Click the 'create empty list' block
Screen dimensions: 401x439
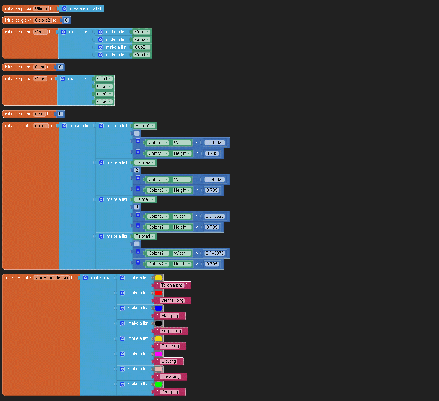tap(85, 8)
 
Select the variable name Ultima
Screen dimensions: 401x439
tap(41, 8)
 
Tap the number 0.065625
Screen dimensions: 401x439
tap(215, 143)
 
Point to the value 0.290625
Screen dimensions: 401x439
tap(215, 179)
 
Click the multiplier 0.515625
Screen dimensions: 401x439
tap(215, 216)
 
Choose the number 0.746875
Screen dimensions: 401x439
tap(215, 253)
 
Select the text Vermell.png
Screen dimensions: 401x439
tap(172, 300)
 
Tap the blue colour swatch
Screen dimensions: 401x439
tap(158, 308)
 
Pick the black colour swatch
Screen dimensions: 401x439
tap(158, 323)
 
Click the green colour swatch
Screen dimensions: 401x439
tap(158, 384)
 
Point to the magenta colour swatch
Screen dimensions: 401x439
tap(158, 354)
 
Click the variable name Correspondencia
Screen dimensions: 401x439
tap(52, 277)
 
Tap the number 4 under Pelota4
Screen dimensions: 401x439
tap(136, 244)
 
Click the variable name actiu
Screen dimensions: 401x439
tap(40, 114)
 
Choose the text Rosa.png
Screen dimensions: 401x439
tap(170, 376)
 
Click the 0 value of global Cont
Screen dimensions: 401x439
tap(60, 67)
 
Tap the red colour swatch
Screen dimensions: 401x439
tap(158, 293)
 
